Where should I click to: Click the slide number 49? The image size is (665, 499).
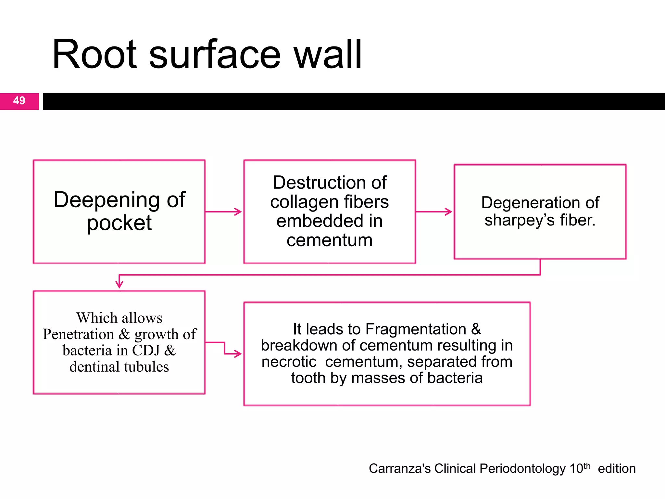pos(19,100)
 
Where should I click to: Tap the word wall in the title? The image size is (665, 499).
pos(328,54)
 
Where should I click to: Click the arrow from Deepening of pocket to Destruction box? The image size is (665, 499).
pos(224,212)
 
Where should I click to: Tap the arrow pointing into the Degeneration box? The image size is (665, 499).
pos(434,212)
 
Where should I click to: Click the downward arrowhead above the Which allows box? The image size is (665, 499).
pos(119,284)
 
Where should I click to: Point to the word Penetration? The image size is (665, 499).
pos(78,334)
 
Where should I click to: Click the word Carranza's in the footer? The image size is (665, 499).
pos(400,468)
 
